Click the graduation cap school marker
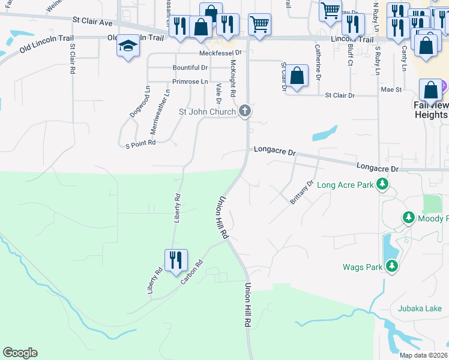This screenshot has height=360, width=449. point(128,47)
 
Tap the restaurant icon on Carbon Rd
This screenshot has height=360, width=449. point(176,260)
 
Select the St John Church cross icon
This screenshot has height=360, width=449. point(244,110)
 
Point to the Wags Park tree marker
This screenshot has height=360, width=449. point(392,265)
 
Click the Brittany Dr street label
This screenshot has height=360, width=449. point(302,193)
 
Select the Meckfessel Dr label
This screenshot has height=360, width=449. point(220,53)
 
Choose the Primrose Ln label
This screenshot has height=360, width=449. point(190,82)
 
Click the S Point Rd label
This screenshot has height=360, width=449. point(140,143)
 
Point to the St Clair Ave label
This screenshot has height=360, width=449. point(92,22)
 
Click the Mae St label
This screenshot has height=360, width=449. point(391,89)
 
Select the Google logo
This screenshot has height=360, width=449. point(20,353)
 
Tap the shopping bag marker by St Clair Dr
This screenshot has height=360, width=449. point(297,76)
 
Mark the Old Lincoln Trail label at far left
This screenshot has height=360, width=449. point(41,44)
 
